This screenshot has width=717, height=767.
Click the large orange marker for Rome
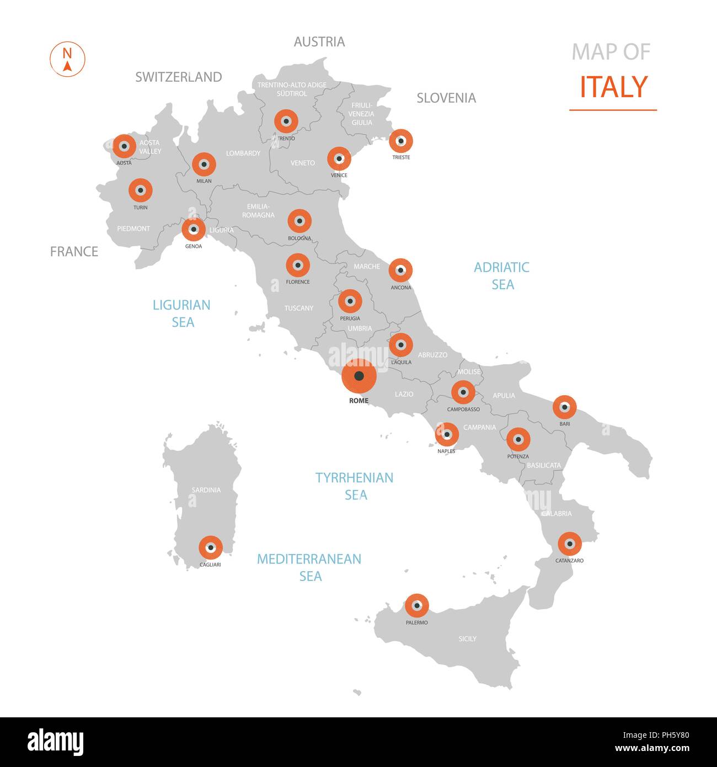click(359, 376)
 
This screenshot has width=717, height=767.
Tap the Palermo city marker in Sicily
click(417, 606)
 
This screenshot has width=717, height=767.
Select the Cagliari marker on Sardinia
click(211, 547)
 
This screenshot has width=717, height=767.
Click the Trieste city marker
click(401, 141)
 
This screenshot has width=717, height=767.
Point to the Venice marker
click(339, 159)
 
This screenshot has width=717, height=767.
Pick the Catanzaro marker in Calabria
click(570, 544)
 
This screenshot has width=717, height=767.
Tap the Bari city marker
click(565, 407)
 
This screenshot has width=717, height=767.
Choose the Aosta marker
click(125, 146)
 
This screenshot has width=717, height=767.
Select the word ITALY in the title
click(613, 87)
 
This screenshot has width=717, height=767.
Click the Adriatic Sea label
click(502, 276)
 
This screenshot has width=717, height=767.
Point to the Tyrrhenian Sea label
click(355, 486)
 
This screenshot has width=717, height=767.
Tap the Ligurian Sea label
click(182, 313)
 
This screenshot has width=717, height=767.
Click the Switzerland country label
click(179, 77)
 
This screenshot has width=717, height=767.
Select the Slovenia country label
click(446, 98)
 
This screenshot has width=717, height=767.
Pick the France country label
click(74, 252)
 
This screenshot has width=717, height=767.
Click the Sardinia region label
click(206, 490)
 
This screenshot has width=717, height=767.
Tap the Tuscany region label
click(299, 308)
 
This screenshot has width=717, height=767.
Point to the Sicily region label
click(467, 639)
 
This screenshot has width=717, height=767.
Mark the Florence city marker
click(298, 265)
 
